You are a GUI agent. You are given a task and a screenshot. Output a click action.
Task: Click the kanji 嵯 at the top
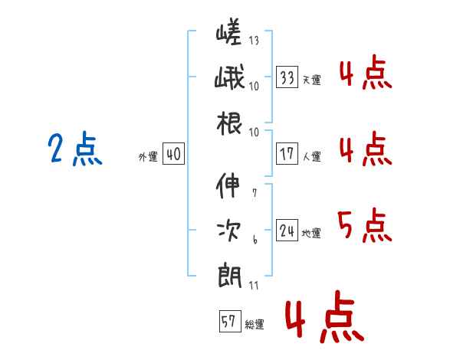[228, 34]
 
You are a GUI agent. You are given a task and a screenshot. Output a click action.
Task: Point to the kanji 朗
[228, 273]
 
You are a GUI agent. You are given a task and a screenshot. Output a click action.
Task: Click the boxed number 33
[287, 77]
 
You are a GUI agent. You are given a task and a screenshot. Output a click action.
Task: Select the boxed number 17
[287, 154]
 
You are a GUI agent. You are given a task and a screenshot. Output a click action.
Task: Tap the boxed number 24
[287, 231]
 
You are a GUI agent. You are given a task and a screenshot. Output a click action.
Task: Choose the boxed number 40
[173, 155]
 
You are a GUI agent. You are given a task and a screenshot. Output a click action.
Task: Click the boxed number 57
[228, 322]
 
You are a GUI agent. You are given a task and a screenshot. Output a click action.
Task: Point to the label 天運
[311, 80]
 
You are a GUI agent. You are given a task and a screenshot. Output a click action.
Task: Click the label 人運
[311, 156]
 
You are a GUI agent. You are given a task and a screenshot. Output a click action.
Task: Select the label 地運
[311, 233]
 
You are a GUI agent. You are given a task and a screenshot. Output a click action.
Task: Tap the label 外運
[148, 157]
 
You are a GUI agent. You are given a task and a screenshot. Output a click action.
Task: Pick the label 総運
[255, 324]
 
